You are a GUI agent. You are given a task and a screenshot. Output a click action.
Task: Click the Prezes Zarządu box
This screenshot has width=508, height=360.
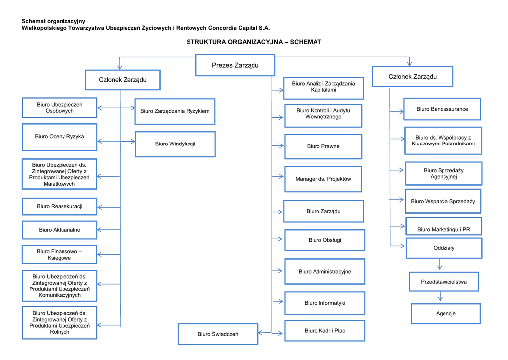235,65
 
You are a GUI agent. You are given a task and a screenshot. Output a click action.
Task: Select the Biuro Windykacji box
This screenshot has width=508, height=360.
175,144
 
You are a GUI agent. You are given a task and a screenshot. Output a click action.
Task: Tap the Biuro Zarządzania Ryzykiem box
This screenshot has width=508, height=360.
175,111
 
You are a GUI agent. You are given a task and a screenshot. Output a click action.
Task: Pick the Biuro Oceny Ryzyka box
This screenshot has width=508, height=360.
60,137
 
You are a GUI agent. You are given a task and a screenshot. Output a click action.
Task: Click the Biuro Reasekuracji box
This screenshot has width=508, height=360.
60,206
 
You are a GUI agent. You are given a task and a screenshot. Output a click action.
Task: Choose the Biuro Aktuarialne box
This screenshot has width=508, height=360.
60,230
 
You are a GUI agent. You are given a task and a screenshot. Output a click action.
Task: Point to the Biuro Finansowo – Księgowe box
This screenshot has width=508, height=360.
60,255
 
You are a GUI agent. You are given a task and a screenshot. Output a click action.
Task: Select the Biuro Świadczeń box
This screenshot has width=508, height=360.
218,334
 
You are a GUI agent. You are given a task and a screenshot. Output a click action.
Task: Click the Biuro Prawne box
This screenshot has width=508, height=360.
323,146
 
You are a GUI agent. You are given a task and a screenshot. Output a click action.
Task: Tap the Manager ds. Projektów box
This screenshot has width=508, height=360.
323,179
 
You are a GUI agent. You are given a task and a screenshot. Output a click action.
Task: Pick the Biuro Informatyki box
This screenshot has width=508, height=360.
324,303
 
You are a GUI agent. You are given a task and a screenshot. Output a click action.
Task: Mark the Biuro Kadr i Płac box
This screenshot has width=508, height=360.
324,331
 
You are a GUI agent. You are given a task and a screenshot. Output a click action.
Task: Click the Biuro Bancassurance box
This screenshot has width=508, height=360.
442,109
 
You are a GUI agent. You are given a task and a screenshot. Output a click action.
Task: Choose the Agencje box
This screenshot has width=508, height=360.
445,313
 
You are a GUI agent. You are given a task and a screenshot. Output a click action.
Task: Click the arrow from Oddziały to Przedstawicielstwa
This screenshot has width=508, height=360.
440,265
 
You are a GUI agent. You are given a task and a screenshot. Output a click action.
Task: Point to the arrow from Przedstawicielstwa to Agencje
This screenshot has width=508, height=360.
440,297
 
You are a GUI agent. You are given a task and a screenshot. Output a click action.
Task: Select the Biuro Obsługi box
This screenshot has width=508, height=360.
324,240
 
